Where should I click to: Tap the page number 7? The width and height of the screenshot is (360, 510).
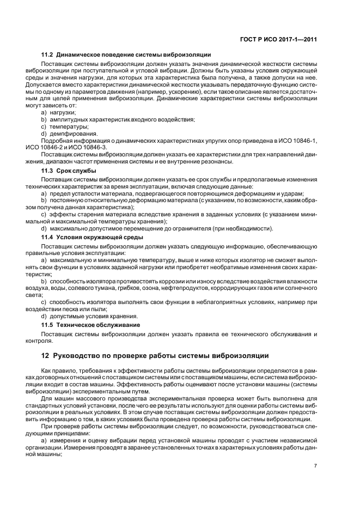click(316, 465)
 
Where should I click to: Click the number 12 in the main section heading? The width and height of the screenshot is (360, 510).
click(45, 356)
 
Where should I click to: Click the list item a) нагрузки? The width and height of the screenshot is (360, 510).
click(59, 112)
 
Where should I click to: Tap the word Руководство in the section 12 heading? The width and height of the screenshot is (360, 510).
click(78, 356)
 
